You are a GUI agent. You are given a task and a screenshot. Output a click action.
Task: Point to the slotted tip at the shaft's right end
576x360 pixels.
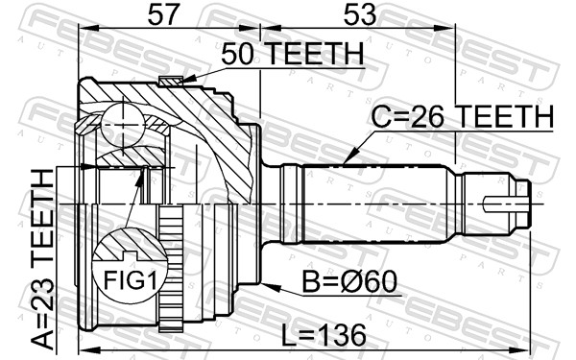509,204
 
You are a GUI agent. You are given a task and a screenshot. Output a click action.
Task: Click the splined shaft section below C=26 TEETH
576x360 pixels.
374,204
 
